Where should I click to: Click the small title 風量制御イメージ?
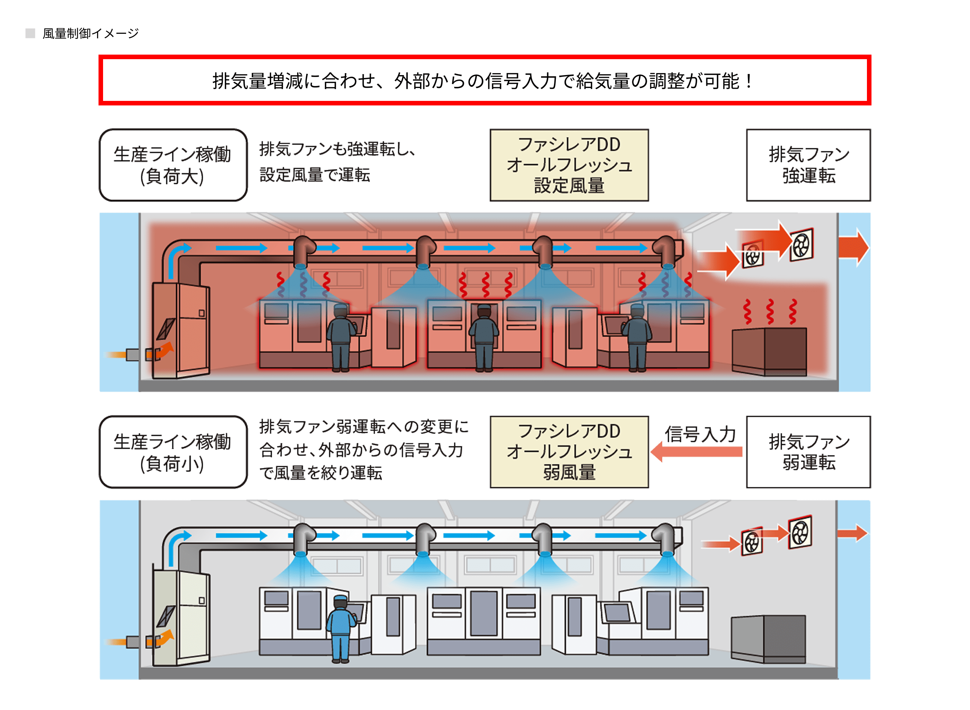(x=90, y=33)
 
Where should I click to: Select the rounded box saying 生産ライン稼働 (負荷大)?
(x=173, y=165)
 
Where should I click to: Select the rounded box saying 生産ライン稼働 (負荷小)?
(x=173, y=452)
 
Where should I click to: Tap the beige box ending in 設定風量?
(x=569, y=165)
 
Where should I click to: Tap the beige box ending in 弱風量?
(x=569, y=452)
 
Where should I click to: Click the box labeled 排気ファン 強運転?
(x=808, y=165)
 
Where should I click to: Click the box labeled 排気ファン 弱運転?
(x=808, y=452)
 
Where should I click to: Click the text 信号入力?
(x=700, y=434)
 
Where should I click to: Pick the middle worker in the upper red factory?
(x=484, y=338)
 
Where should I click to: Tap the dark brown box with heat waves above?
(x=769, y=352)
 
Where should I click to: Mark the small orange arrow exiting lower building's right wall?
(x=852, y=533)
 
